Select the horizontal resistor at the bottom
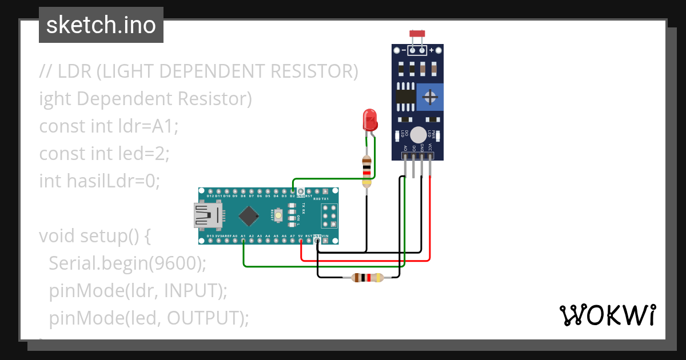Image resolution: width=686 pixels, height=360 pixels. click(x=366, y=278)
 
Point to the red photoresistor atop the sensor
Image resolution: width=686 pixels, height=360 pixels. click(x=417, y=34)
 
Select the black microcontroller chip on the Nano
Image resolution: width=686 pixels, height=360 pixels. click(x=249, y=215)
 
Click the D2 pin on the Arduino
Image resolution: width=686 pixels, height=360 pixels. click(x=293, y=191)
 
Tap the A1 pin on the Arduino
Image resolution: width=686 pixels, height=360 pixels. click(x=244, y=241)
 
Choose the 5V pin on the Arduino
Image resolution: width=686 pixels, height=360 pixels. click(x=301, y=241)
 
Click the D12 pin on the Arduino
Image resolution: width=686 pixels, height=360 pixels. click(x=210, y=191)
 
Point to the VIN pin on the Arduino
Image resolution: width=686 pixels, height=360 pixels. click(x=325, y=241)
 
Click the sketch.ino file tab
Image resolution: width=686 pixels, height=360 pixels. click(x=101, y=25)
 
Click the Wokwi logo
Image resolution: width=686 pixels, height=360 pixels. click(x=607, y=315)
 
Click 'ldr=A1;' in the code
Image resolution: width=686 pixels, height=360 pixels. click(x=149, y=126)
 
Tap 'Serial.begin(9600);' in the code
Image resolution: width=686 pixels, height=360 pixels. click(x=127, y=263)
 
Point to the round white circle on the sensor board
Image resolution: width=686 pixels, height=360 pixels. click(x=418, y=135)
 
